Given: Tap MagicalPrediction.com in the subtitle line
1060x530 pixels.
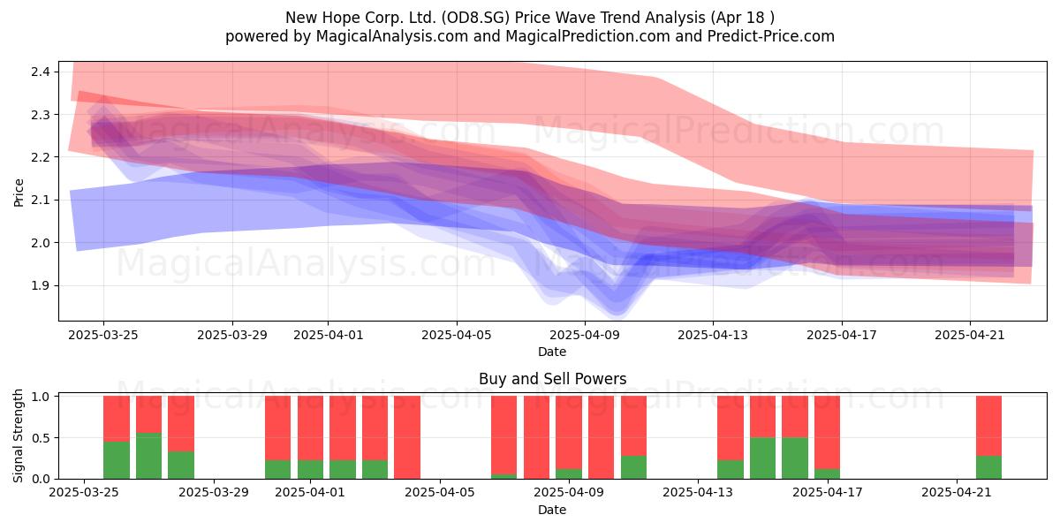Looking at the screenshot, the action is tap(587, 36).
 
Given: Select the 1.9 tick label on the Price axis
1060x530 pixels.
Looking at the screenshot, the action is tap(41, 285).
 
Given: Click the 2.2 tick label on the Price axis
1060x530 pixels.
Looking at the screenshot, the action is tap(41, 157).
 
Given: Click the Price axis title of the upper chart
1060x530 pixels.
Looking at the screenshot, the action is tap(19, 193).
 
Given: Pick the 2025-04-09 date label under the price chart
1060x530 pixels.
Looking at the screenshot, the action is tap(585, 335).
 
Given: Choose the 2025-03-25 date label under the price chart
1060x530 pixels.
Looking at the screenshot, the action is tap(103, 335).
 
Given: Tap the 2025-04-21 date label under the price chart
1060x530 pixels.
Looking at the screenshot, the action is tap(970, 335).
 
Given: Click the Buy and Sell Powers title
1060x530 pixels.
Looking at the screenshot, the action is tap(552, 379).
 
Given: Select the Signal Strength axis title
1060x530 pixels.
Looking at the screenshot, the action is tap(18, 435).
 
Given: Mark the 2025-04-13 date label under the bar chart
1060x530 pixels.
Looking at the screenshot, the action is tap(698, 492).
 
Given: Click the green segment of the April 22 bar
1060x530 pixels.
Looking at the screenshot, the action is tap(989, 467).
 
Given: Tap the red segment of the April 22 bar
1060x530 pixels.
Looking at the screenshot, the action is tap(989, 426).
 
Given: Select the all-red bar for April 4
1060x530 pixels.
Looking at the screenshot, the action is tap(407, 437).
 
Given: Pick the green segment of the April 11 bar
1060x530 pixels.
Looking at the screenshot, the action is tap(633, 467).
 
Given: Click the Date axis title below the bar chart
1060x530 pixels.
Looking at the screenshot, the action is tap(552, 510).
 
